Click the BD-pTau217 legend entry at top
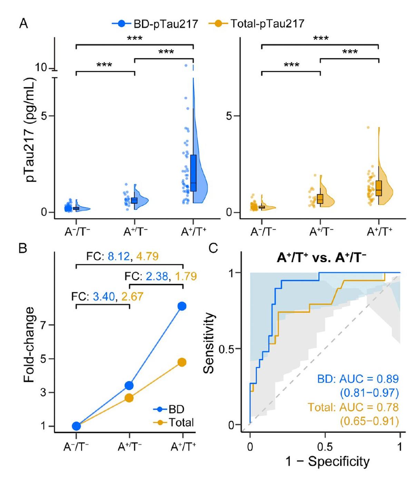(x=155, y=23)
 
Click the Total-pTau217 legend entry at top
(x=257, y=23)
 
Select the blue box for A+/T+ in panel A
(x=193, y=172)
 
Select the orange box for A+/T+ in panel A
(x=379, y=188)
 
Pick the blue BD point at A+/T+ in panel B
(x=182, y=306)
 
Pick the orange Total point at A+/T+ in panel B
(x=182, y=362)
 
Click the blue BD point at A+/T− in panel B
(x=129, y=385)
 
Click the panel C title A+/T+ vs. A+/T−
(x=321, y=258)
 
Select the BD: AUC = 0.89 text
(x=358, y=379)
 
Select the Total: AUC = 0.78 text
(x=353, y=407)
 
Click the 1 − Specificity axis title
(x=327, y=461)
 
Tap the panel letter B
(x=23, y=248)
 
